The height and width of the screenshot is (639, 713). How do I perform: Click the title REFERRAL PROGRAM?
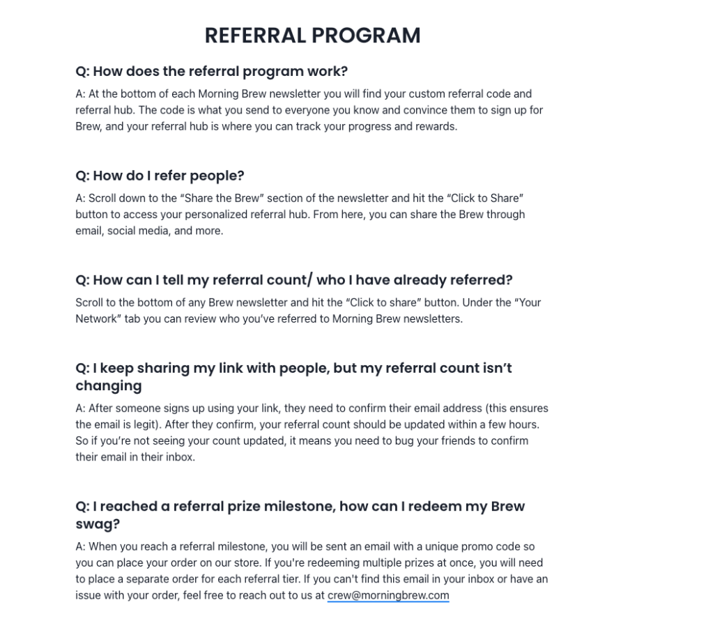point(312,36)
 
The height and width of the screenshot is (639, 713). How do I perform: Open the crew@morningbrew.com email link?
point(388,595)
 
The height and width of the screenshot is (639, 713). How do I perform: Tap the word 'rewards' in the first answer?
point(436,126)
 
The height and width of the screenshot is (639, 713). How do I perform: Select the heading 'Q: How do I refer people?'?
point(160,176)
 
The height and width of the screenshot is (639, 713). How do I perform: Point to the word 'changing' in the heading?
point(108,385)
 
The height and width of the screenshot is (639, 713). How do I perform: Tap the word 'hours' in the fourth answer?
point(523,424)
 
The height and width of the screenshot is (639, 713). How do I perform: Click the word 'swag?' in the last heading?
point(98,524)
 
